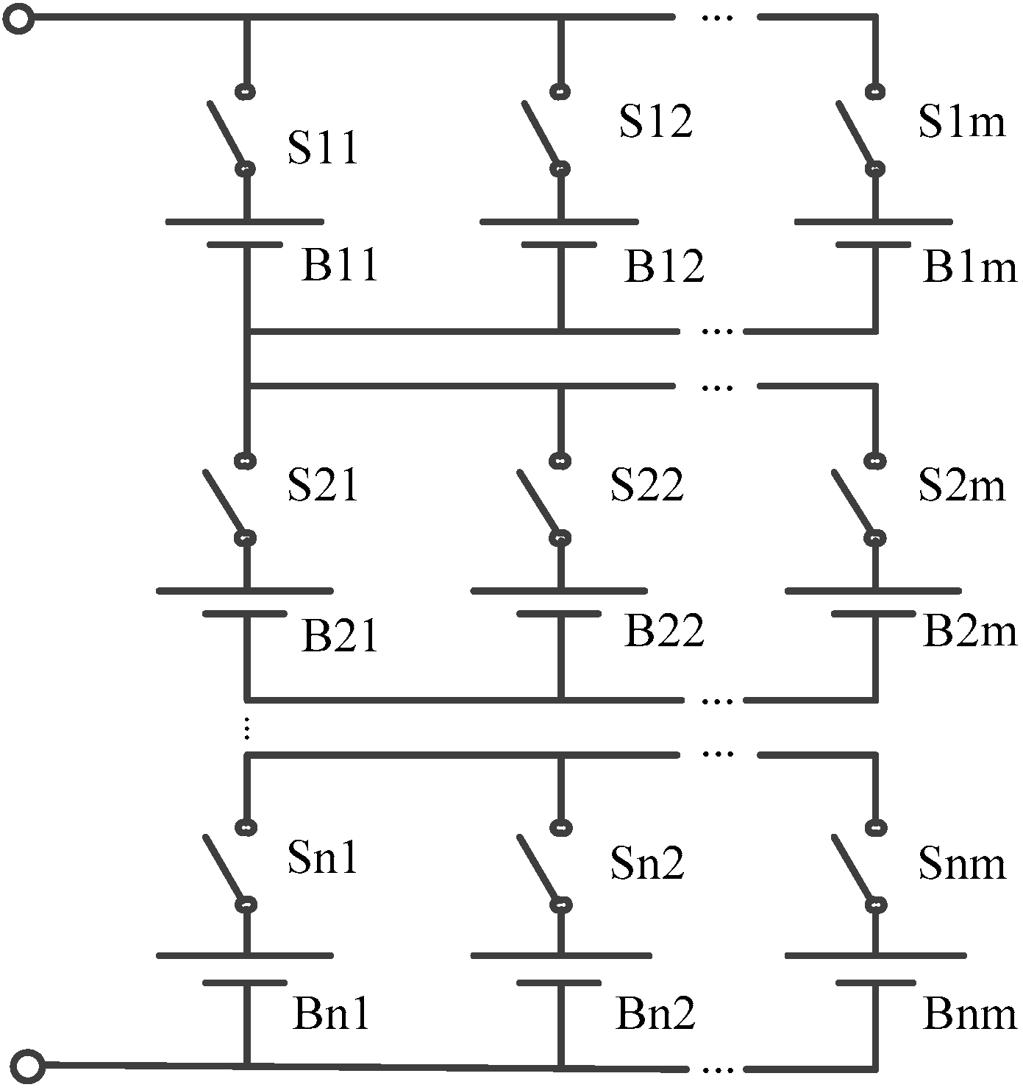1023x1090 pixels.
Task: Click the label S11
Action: [x=322, y=148]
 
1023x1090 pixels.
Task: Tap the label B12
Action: [x=664, y=266]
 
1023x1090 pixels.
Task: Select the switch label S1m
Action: [x=961, y=121]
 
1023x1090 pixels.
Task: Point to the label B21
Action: [x=339, y=636]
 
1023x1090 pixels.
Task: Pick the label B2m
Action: [x=969, y=631]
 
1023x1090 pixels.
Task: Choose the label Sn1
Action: [x=322, y=857]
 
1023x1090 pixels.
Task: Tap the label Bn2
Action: [x=655, y=1014]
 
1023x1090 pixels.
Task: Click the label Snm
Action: [x=961, y=863]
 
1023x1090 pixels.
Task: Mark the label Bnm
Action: [x=969, y=1014]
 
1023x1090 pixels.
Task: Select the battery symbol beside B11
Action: [x=245, y=233]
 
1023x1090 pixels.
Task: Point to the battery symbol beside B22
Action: [x=559, y=602]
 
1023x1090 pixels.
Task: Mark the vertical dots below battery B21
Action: [x=247, y=728]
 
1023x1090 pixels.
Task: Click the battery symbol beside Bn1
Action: [x=245, y=969]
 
